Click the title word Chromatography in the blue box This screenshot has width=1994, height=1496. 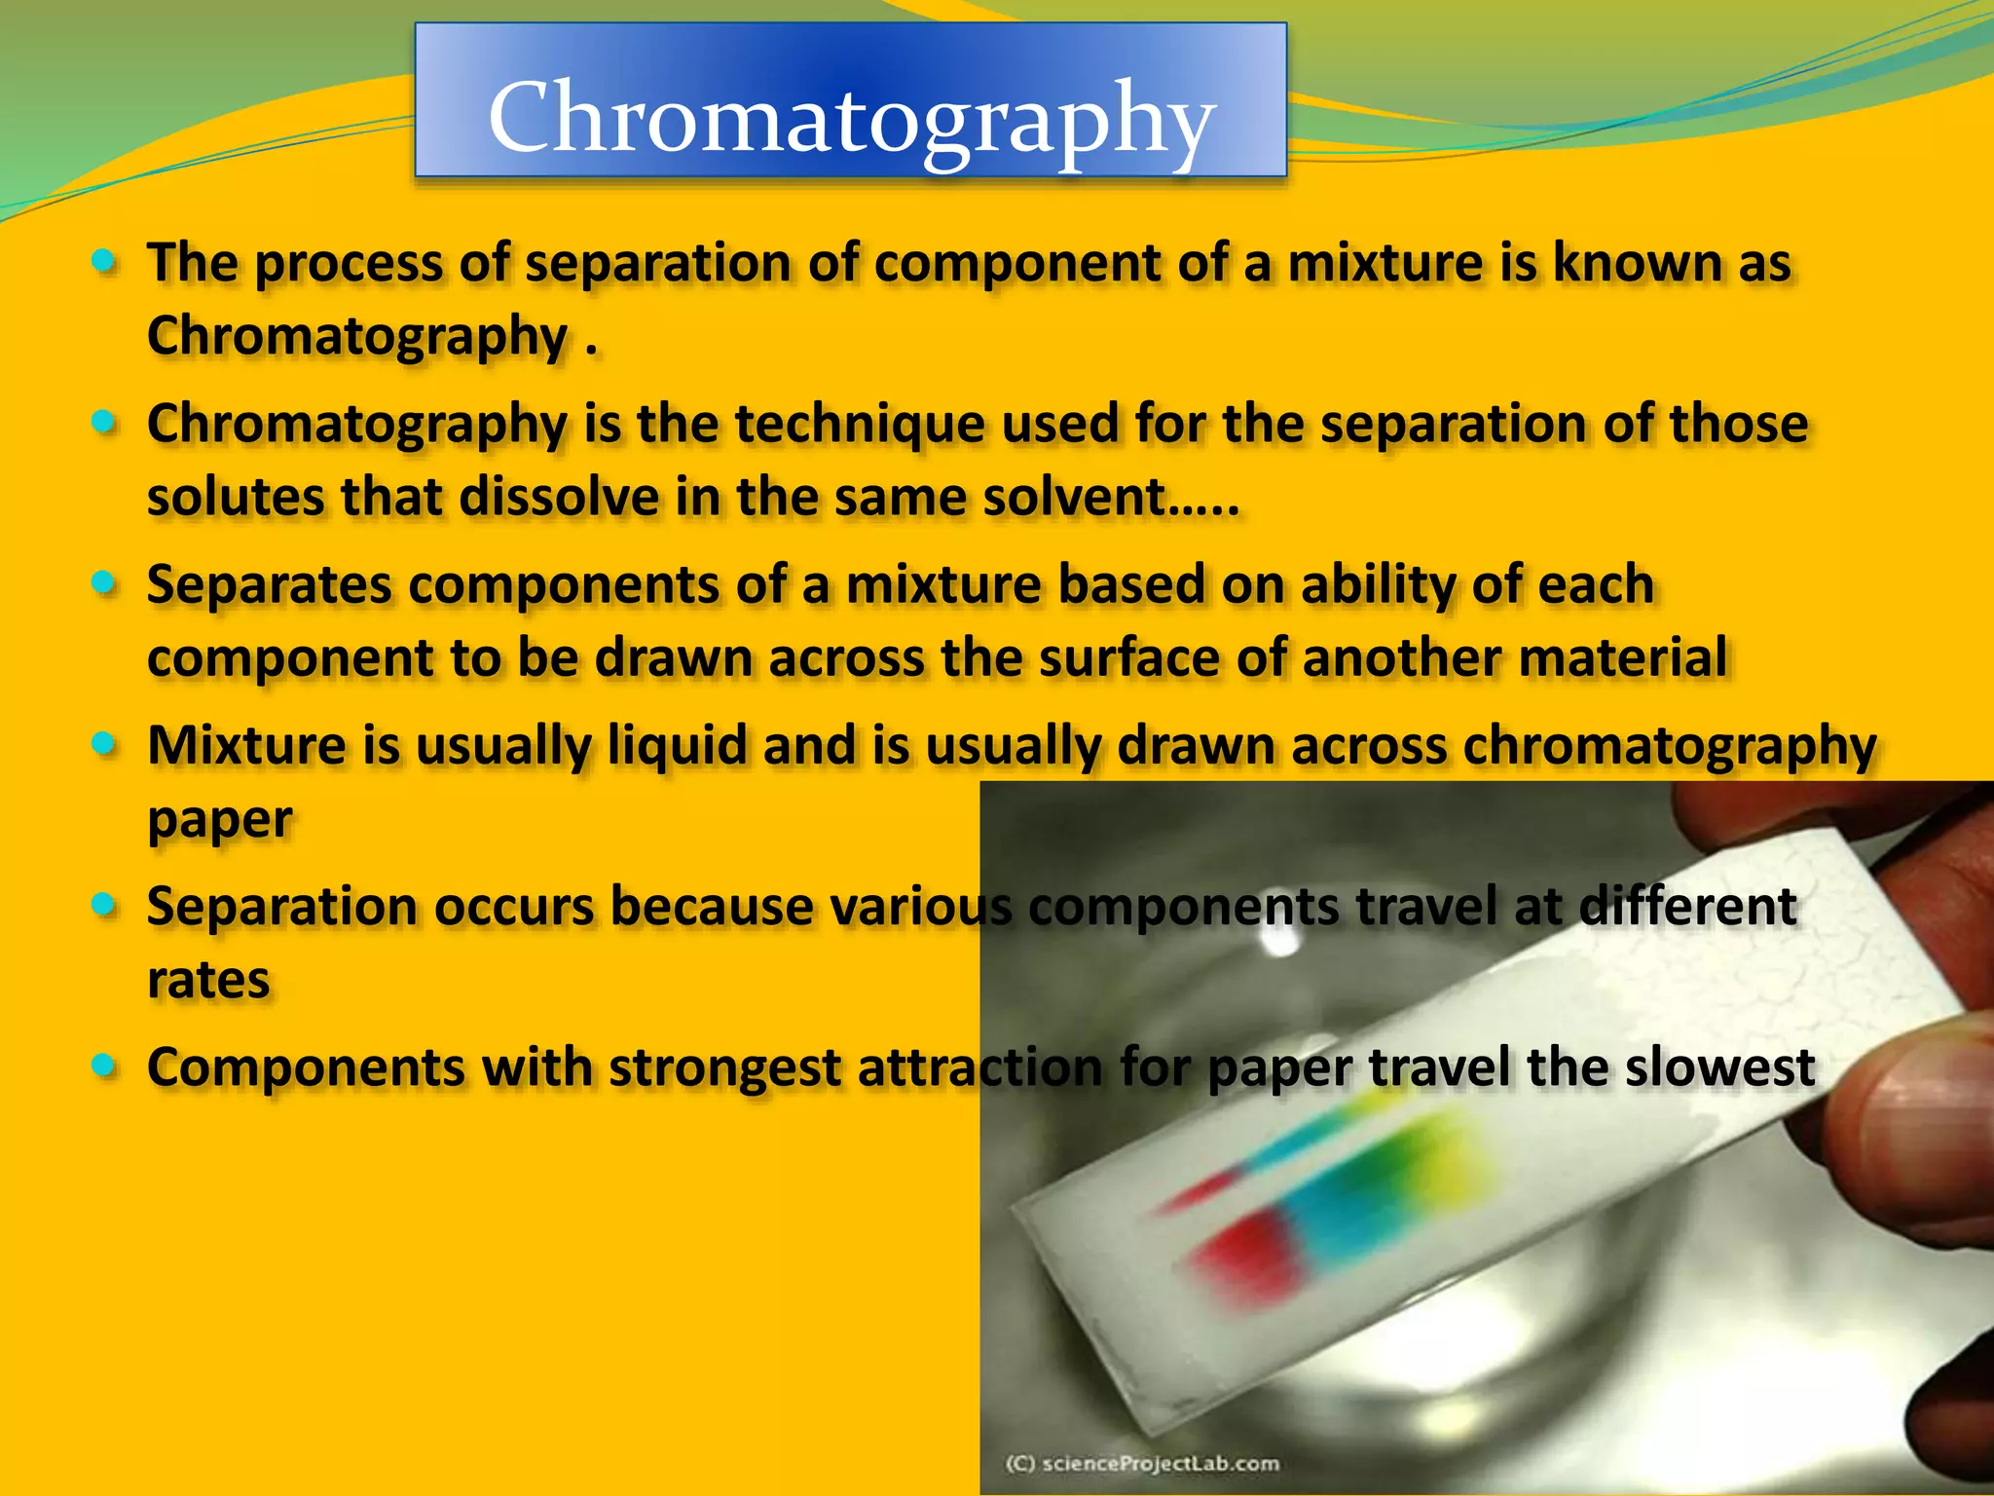851,117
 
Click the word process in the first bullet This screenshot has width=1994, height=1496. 348,264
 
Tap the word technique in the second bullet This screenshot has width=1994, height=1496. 859,425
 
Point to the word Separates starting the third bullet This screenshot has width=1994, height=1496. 269,585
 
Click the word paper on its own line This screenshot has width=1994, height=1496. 219,820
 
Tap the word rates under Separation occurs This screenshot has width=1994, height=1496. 208,980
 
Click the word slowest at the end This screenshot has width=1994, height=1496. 1718,1067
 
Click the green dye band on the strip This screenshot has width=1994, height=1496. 1402,1159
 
